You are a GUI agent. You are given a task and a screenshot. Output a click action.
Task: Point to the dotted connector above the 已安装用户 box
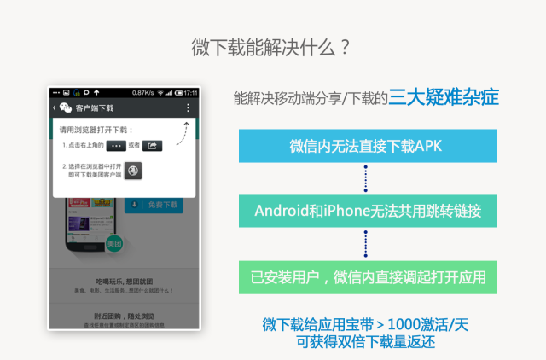coord(365,244)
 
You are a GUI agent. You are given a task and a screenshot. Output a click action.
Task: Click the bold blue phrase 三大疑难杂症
coord(444,97)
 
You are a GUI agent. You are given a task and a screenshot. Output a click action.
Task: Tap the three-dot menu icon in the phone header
coord(188,108)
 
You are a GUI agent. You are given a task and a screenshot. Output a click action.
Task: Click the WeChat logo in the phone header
coord(65,108)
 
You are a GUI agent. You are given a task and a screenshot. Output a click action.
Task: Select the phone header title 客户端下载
coord(94,108)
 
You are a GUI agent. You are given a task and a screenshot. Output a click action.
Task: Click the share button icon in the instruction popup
coord(152,146)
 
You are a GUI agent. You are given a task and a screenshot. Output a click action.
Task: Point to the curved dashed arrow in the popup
coord(182,132)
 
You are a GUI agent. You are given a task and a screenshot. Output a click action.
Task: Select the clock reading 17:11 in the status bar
coord(189,92)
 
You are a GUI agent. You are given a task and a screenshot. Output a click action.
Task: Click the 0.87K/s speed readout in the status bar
coord(142,92)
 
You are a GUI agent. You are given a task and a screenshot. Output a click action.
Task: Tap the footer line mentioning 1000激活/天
coord(365,325)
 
